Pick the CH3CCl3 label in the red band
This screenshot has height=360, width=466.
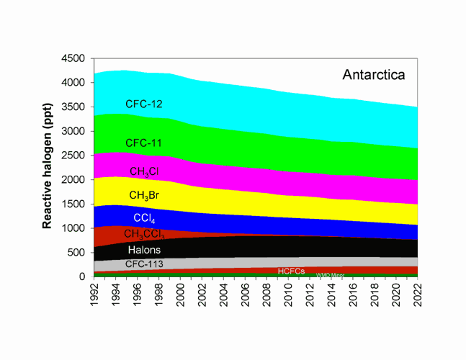click(x=145, y=234)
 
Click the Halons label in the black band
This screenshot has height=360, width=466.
click(x=145, y=250)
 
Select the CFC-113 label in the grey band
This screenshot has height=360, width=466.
click(x=145, y=264)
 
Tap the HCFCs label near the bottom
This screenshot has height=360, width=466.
click(x=292, y=271)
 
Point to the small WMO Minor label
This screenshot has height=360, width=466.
click(x=331, y=275)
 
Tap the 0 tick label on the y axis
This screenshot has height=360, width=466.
click(x=84, y=276)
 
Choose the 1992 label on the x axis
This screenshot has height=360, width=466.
click(x=94, y=294)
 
